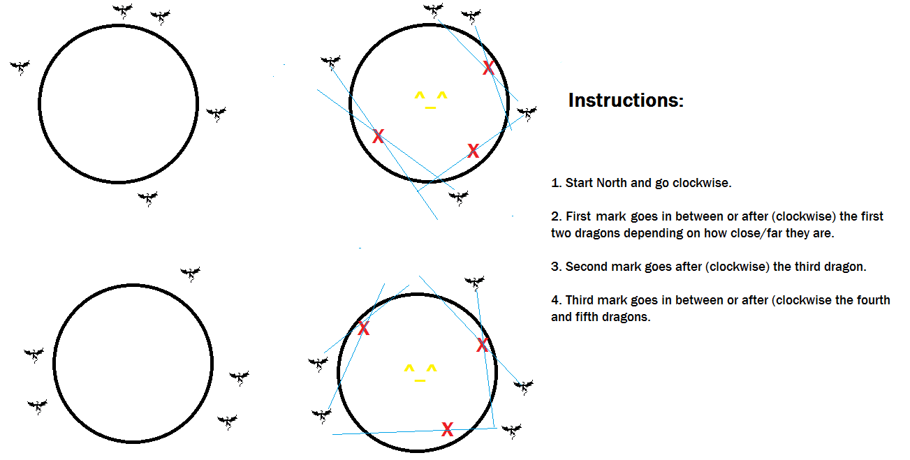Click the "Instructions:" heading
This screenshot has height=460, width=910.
[626, 101]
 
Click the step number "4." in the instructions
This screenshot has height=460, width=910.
[556, 300]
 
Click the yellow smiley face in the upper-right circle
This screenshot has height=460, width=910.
[431, 101]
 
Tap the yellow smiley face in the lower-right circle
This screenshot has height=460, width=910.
[420, 373]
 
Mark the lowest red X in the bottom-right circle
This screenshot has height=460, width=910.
[447, 429]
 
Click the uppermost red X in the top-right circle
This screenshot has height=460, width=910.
[488, 68]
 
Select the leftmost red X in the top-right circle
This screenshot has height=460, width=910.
[379, 136]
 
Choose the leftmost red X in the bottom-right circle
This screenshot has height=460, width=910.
[364, 328]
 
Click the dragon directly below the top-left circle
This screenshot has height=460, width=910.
[147, 199]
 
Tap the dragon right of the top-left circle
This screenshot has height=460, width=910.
[216, 114]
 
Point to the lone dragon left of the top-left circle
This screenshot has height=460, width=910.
[20, 68]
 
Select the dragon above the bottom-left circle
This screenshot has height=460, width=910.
[190, 274]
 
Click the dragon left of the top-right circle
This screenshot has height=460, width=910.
[331, 63]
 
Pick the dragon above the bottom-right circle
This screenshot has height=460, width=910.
[474, 283]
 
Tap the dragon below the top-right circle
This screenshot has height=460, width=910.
[458, 198]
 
